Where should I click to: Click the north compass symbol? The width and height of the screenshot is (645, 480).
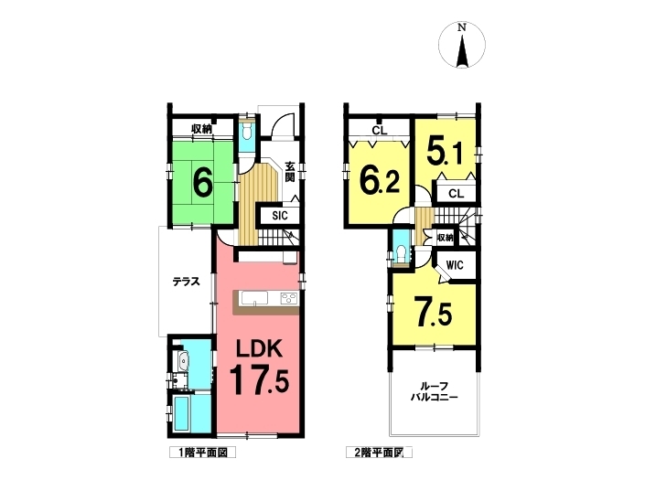(462, 45)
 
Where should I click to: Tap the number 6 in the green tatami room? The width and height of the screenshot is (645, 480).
(203, 182)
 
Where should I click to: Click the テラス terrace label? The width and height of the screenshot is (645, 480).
(186, 282)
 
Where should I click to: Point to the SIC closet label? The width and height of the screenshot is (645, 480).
(280, 216)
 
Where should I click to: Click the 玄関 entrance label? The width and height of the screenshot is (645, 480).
(290, 172)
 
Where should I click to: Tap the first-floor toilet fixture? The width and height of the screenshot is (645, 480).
(247, 133)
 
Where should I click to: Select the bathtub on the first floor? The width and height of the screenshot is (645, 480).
(180, 413)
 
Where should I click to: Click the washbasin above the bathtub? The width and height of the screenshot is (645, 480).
(182, 362)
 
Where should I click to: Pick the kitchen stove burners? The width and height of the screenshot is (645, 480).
(289, 298)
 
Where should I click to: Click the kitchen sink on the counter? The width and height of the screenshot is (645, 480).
(255, 298)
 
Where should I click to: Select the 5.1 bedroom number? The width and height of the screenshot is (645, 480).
(445, 151)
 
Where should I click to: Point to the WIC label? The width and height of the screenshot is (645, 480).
(455, 265)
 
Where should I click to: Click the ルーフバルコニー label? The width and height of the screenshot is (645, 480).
(435, 392)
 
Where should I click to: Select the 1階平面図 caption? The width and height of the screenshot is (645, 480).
(202, 453)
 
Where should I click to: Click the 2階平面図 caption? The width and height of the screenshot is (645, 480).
(379, 453)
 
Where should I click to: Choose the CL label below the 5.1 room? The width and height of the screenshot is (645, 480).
(456, 194)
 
